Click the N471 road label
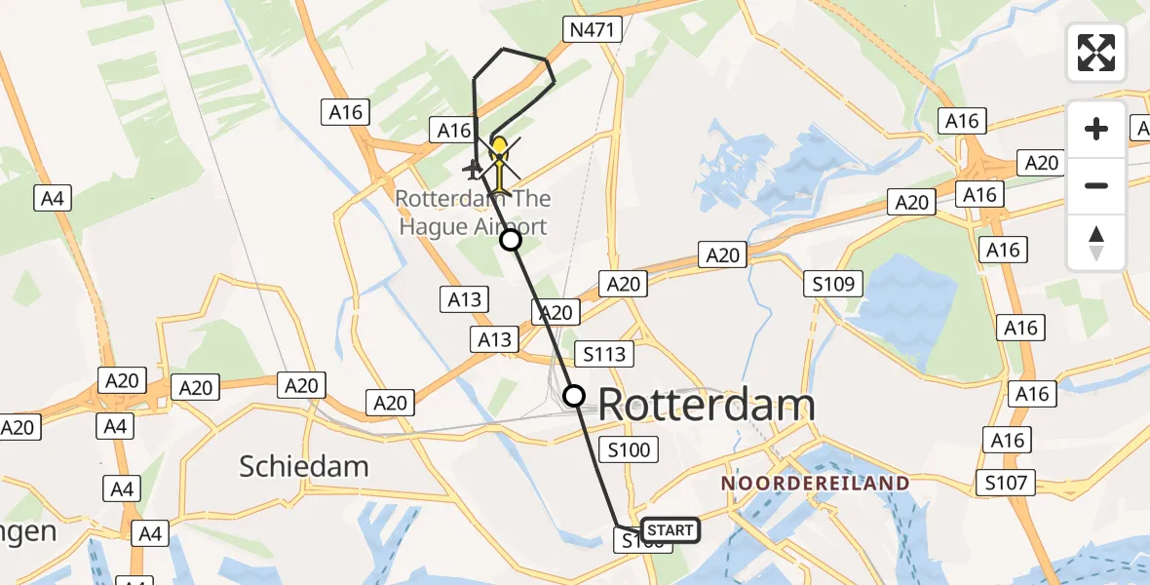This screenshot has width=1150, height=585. (593, 30)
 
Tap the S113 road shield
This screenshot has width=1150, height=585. (605, 353)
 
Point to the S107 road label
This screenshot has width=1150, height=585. (1008, 482)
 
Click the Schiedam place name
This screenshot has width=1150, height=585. (304, 467)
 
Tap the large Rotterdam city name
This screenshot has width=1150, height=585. (706, 405)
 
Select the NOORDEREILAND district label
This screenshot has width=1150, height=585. (815, 484)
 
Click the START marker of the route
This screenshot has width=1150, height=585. (670, 530)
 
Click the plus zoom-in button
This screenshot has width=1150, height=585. (1096, 129)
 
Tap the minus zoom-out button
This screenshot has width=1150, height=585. (1096, 185)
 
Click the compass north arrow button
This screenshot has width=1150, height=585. (1096, 242)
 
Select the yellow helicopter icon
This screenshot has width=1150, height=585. (499, 156)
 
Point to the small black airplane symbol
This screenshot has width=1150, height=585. (474, 171)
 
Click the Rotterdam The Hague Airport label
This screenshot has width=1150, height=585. (473, 213)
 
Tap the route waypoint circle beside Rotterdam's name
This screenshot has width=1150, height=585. (574, 395)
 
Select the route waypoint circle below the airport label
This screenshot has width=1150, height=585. (510, 240)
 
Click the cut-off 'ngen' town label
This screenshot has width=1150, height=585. (27, 531)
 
